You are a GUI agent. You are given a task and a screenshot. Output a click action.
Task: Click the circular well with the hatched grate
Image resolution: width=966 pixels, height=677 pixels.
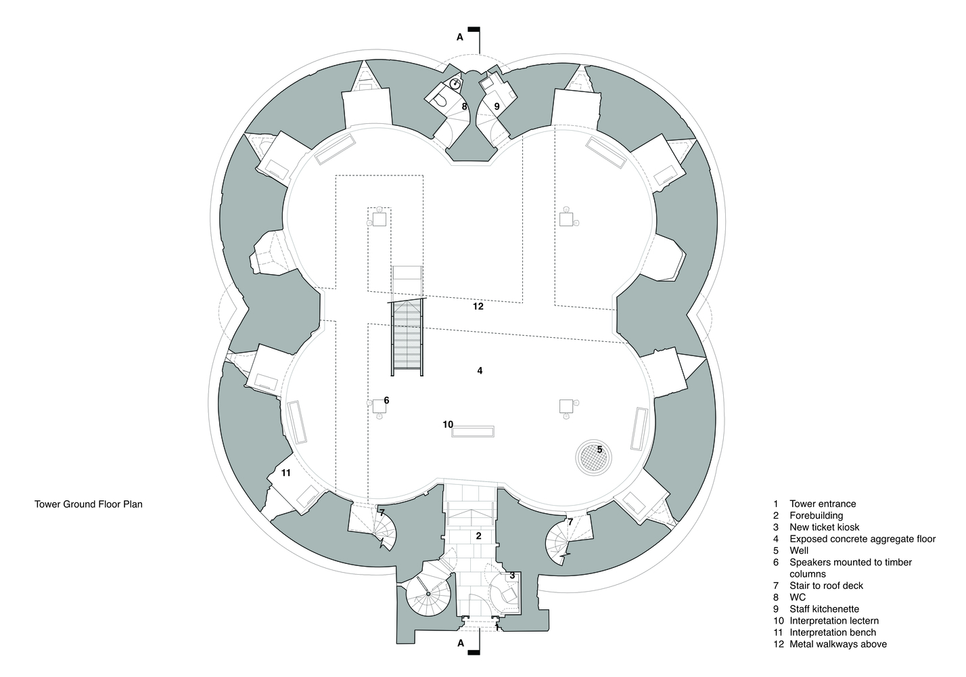click(593, 458)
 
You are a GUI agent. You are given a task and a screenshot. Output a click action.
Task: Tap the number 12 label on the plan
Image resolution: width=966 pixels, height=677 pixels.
click(478, 307)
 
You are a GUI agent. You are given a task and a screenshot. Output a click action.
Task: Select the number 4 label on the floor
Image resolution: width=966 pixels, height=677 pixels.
click(480, 370)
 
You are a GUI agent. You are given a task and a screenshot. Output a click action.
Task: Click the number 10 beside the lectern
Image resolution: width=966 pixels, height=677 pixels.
click(448, 424)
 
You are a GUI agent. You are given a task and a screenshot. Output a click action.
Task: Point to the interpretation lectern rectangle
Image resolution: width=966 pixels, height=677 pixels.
click(473, 431)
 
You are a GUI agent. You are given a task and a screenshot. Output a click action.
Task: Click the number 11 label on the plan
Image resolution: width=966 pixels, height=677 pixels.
click(285, 473)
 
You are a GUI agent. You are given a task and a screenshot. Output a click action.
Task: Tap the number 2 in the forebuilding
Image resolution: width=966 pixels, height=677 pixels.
click(478, 536)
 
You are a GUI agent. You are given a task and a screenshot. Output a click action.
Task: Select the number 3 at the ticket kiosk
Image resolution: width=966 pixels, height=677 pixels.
click(512, 575)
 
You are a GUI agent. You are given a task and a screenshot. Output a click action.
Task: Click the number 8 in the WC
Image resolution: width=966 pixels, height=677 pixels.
click(465, 106)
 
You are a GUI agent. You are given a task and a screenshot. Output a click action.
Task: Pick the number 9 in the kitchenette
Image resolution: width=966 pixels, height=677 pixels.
click(497, 106)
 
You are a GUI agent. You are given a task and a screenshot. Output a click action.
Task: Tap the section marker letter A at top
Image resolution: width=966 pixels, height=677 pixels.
click(460, 37)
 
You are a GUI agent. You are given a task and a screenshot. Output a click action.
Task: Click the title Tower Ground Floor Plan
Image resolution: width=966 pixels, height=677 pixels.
click(89, 504)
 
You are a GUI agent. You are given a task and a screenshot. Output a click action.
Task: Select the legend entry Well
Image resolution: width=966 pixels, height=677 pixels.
click(799, 550)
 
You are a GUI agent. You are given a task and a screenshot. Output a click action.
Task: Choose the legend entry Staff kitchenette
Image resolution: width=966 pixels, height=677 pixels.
click(824, 609)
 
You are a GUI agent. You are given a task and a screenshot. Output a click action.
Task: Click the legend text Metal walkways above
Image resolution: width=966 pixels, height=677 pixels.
click(838, 645)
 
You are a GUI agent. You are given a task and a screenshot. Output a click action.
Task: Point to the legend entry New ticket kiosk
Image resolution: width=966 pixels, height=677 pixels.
click(825, 527)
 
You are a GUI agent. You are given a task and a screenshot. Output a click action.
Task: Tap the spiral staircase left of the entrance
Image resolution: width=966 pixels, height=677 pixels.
click(428, 594)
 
